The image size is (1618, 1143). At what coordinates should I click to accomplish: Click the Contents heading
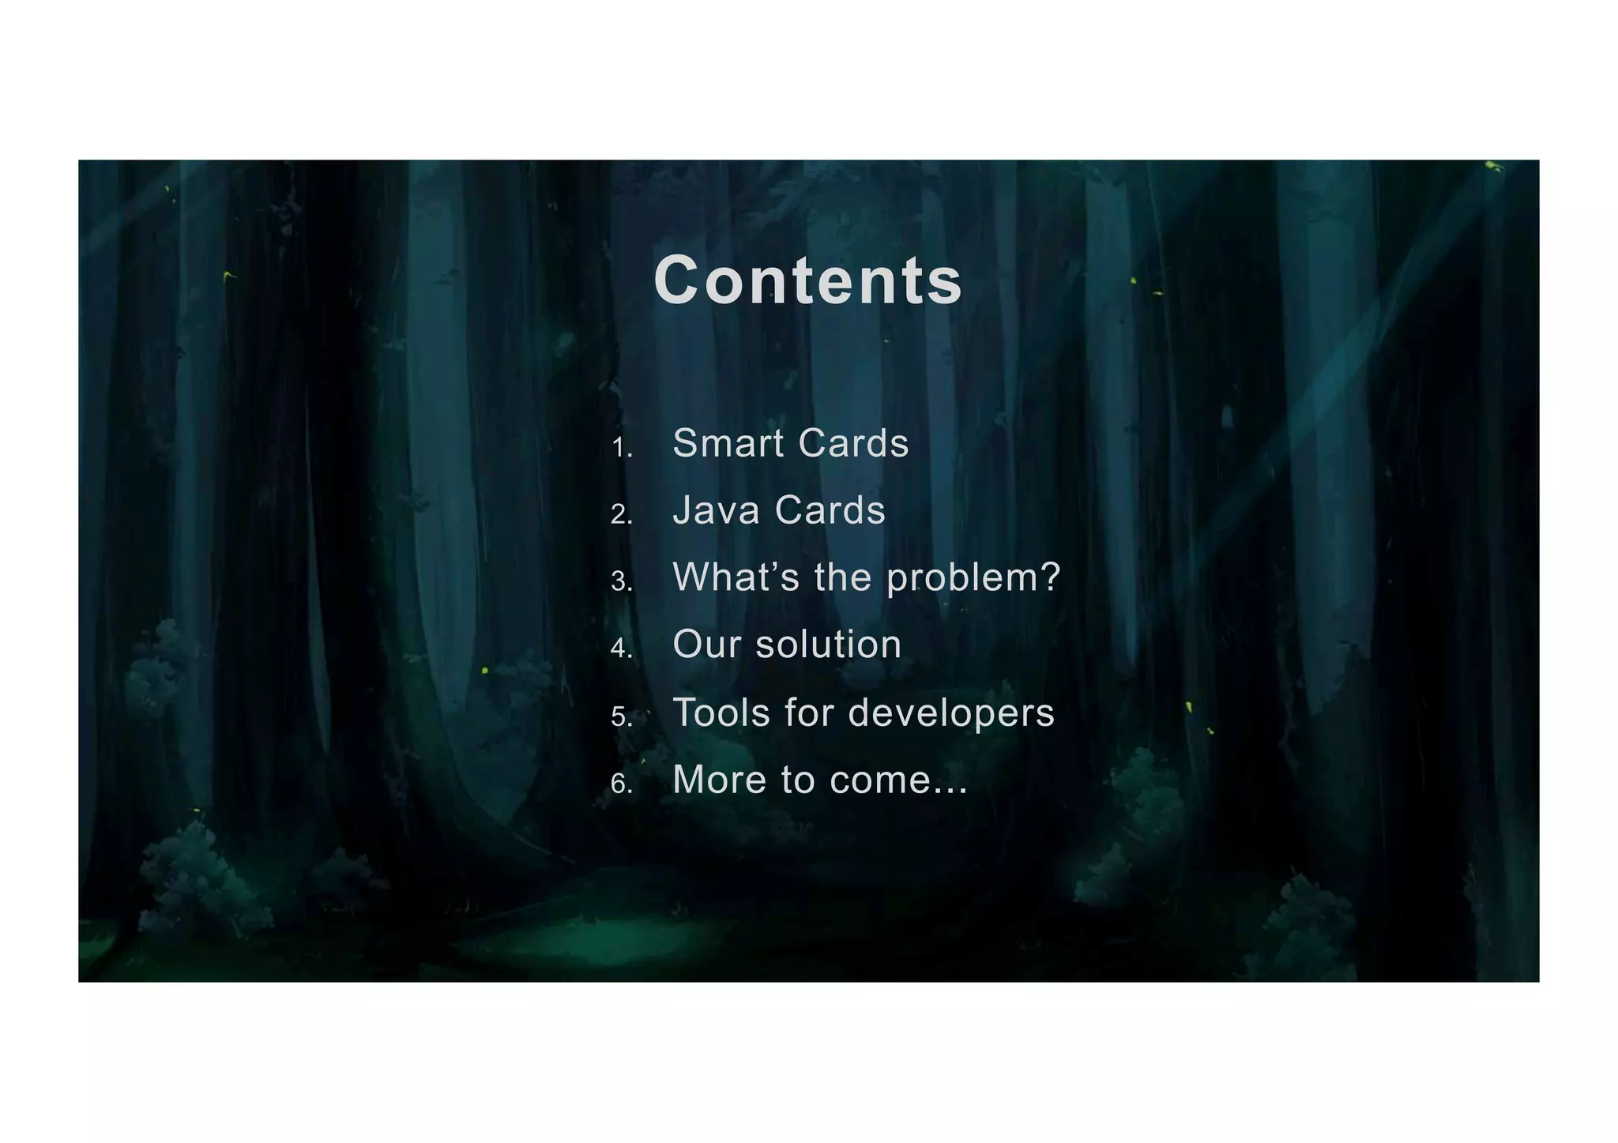click(x=807, y=281)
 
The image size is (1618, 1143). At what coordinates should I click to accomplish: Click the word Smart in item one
click(x=728, y=443)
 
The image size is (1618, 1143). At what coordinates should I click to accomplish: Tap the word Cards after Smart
click(x=853, y=443)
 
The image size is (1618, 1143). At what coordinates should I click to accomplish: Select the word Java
click(x=716, y=510)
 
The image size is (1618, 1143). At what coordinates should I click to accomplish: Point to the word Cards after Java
click(x=830, y=510)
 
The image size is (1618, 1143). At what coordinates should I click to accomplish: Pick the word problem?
click(x=973, y=579)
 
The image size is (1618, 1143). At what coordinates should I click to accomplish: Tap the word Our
click(x=706, y=645)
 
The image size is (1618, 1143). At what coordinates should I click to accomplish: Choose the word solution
click(x=829, y=645)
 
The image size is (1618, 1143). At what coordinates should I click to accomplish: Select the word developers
click(x=951, y=714)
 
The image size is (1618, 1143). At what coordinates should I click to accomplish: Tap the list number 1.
click(x=621, y=449)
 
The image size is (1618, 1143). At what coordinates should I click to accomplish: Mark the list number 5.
click(x=621, y=717)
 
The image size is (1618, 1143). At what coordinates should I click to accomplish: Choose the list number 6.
click(x=621, y=784)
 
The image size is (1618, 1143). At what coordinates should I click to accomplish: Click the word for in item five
click(x=809, y=712)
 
